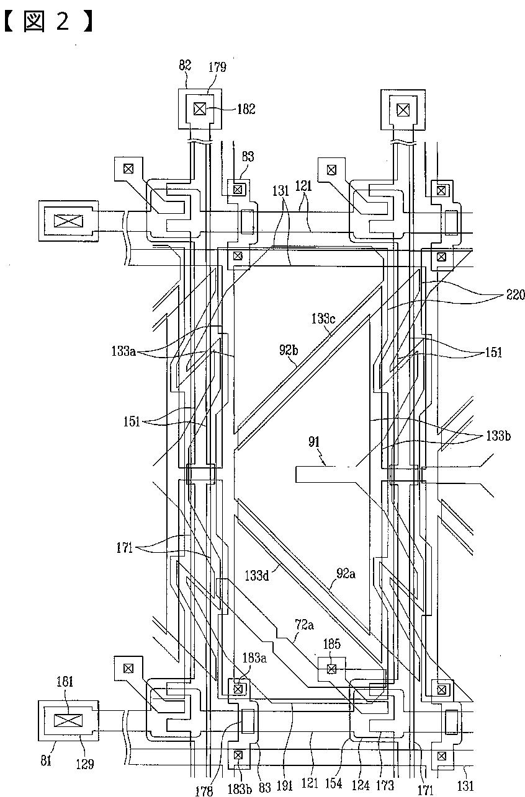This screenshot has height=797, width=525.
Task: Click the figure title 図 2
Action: tap(48, 21)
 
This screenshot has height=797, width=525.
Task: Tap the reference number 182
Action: tap(246, 109)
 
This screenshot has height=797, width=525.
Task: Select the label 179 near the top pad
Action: tap(217, 67)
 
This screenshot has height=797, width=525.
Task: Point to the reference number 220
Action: tap(516, 294)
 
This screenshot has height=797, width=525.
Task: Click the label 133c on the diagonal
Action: tap(323, 319)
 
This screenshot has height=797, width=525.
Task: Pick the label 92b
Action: tap(289, 350)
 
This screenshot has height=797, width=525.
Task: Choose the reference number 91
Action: tap(314, 442)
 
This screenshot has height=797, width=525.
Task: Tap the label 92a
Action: tap(346, 573)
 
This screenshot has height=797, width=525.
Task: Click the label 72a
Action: tap(304, 625)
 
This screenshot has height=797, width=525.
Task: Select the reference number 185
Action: tap(331, 644)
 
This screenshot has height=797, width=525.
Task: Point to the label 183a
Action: tap(254, 658)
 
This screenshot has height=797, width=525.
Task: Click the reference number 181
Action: tap(65, 681)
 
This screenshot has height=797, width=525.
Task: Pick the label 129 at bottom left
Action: tap(85, 764)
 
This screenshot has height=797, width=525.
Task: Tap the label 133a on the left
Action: tap(123, 351)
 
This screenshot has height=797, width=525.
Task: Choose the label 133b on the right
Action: tap(498, 436)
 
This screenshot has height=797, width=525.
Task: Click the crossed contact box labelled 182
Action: tap(200, 109)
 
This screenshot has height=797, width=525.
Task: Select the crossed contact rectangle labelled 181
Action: tap(68, 721)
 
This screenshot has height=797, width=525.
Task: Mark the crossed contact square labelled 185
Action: tap(331, 669)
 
